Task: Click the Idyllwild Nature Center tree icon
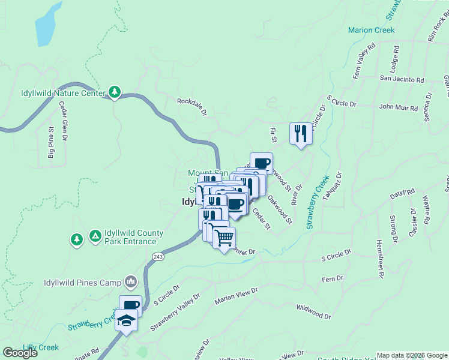tap(115, 92)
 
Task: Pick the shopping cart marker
tap(224, 238)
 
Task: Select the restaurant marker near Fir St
tap(300, 133)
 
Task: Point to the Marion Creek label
tap(372, 30)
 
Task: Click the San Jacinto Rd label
tap(402, 79)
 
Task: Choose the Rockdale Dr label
tap(191, 107)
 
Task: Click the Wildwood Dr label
tap(313, 311)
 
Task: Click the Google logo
tap(20, 353)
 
